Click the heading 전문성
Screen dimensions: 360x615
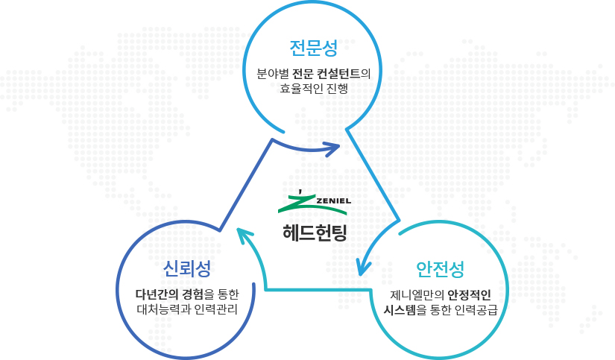[x=313, y=48]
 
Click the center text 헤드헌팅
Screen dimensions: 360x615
[x=315, y=231]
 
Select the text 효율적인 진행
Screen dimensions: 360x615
[x=313, y=88]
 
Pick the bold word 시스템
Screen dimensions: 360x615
[x=400, y=308]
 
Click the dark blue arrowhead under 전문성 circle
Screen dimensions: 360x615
[x=333, y=146]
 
